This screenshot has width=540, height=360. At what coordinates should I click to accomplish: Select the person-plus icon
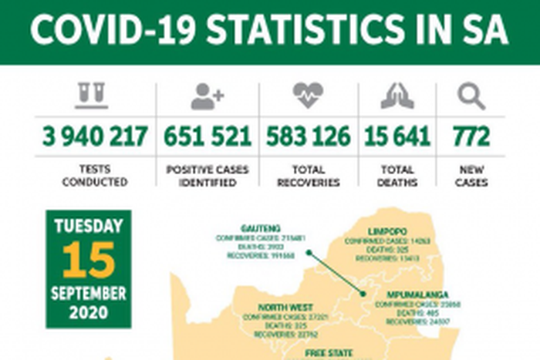207,96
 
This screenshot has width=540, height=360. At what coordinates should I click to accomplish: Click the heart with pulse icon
308,96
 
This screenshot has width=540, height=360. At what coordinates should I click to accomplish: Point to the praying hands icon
397,96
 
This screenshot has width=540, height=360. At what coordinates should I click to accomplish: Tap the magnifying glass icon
471,96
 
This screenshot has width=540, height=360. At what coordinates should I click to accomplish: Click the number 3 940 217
96,137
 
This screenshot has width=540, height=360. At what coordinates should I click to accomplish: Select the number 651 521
208,137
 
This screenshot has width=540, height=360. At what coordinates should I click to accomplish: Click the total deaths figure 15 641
398,137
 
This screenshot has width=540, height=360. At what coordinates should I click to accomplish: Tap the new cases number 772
471,137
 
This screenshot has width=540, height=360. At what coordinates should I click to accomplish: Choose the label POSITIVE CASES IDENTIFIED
208,176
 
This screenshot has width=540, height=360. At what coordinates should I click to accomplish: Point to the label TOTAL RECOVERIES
309,176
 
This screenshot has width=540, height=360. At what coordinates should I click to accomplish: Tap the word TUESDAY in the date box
88,227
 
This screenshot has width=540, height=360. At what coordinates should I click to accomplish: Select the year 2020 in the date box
88,312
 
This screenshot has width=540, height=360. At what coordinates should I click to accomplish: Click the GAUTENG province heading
262,230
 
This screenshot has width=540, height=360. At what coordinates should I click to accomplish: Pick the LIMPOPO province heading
389,230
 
